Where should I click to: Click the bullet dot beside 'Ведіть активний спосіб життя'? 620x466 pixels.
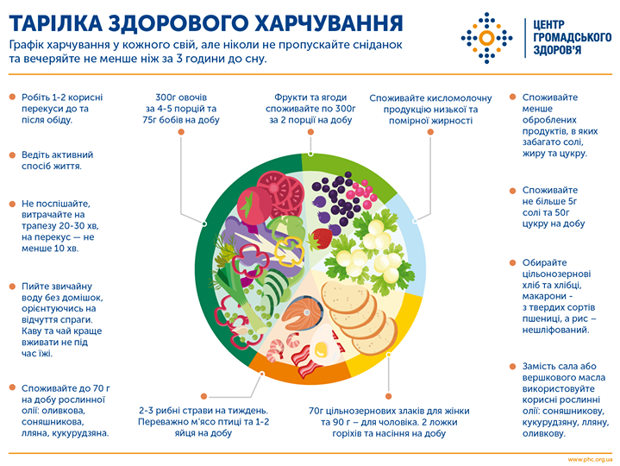12,154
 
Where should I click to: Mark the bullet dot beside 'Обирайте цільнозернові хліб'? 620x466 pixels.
514,262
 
